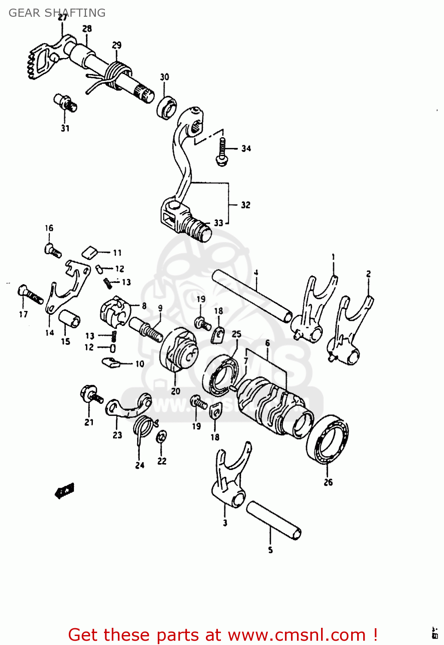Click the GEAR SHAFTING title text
click(x=57, y=13)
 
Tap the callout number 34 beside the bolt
click(x=246, y=149)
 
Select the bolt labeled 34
click(x=222, y=153)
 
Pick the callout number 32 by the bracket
click(x=245, y=205)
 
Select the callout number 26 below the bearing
click(x=328, y=482)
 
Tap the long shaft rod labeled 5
click(x=273, y=520)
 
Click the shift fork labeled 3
click(x=230, y=477)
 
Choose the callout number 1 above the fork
click(x=333, y=258)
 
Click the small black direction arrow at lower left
click(x=65, y=490)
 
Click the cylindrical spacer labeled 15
click(x=70, y=319)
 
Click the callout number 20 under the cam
click(x=175, y=391)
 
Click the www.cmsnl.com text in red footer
click(x=296, y=635)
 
